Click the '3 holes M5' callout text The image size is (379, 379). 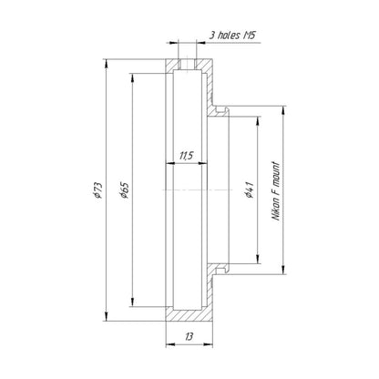(232, 36)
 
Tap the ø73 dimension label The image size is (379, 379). (97, 190)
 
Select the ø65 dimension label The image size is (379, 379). (124, 190)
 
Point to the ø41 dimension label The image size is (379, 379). (249, 189)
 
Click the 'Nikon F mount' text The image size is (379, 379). (276, 191)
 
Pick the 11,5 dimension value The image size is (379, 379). (186, 156)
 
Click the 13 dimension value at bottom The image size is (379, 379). (189, 336)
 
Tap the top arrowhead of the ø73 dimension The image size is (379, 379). (106, 64)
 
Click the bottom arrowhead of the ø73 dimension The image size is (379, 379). (106, 316)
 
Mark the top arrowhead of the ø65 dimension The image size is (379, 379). (132, 78)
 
